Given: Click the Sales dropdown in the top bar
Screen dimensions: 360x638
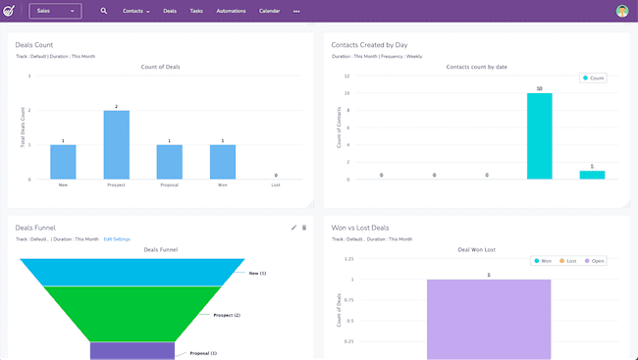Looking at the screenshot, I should click(55, 11).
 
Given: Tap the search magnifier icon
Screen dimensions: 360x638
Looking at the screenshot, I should click(104, 11).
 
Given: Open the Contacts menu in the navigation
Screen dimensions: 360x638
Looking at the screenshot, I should click(136, 11).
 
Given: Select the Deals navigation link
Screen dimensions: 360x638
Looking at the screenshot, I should click(171, 11).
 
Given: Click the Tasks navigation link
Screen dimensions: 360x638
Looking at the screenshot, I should click(196, 11).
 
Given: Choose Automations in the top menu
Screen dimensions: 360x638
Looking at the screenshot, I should click(232, 11).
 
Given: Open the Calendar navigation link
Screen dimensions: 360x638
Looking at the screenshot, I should click(269, 11).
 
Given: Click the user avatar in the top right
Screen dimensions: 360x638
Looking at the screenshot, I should click(622, 11).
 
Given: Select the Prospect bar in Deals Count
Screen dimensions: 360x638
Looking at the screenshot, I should click(116, 145).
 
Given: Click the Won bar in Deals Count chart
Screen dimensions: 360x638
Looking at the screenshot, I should click(222, 162).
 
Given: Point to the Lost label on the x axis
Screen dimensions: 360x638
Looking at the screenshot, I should click(275, 184).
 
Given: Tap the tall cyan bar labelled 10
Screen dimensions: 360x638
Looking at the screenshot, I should click(539, 136).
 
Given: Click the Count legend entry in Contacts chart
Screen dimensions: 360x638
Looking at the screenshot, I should click(594, 77).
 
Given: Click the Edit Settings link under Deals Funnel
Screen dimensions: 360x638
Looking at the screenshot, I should click(117, 238).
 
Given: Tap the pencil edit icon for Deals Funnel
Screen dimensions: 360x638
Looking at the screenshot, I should click(293, 228).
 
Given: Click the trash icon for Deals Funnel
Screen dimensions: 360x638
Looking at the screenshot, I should click(304, 228).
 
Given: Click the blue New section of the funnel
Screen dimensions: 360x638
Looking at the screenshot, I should click(133, 272).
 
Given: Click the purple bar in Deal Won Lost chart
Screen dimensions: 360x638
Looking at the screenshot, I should click(489, 319).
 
